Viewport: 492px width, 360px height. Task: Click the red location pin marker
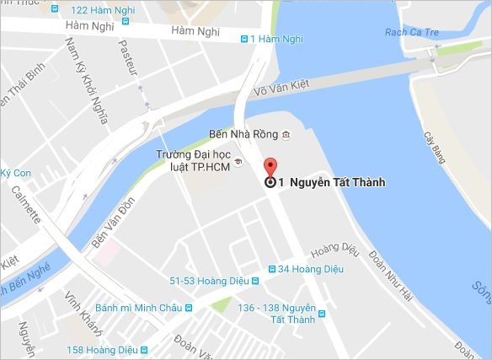pos(270,166)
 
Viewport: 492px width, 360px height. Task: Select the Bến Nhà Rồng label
pos(243,135)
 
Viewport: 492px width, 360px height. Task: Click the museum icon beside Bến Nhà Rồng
pos(286,135)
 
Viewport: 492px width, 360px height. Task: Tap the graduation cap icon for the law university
pos(238,162)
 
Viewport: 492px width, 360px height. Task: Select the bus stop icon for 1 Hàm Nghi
pos(244,38)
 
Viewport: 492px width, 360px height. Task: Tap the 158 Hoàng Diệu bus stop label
pos(100,349)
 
